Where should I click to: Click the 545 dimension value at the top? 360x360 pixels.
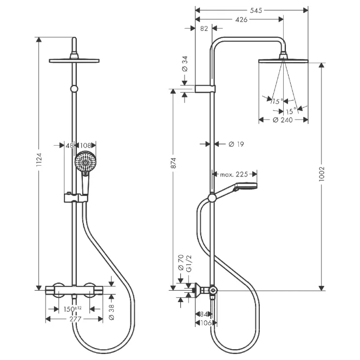256,10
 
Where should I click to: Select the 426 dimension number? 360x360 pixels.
241,19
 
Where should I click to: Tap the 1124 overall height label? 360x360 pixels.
40,160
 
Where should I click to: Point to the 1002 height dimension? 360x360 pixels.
322,174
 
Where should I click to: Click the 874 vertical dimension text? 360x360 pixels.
173,163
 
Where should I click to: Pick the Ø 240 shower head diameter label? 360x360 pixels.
283,120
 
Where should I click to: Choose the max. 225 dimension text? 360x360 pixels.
234,174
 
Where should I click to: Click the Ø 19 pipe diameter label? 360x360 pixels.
236,144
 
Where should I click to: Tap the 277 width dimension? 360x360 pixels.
76,319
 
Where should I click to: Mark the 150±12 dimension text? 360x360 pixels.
73,309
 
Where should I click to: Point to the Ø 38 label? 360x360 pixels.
112,312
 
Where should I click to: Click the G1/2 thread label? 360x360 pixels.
189,264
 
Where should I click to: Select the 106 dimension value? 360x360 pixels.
206,323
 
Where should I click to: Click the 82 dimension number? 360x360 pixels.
204,29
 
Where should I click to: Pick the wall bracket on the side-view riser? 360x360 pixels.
205,89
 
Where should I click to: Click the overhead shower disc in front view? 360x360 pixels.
74,61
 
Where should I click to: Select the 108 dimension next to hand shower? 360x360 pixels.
85,145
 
